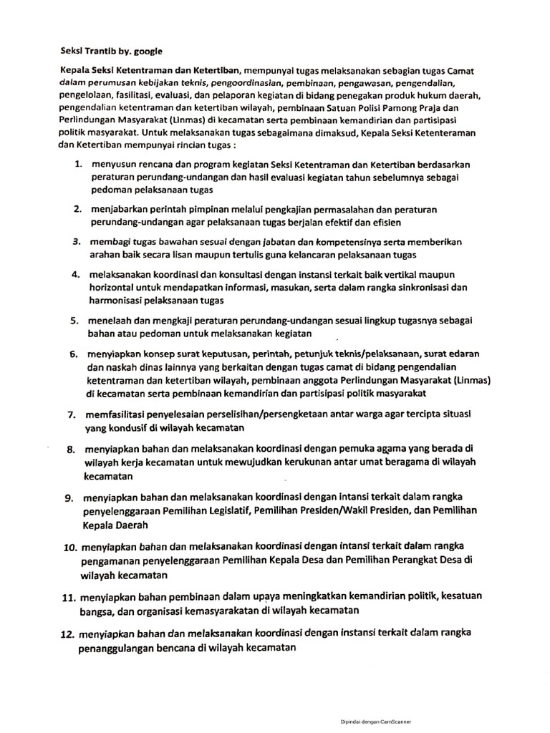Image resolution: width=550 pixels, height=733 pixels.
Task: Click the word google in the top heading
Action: (x=147, y=52)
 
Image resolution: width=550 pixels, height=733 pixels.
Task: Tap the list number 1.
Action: (x=78, y=165)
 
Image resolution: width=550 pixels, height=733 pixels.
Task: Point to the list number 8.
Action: (x=71, y=450)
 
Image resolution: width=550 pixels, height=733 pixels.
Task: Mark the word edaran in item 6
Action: (x=463, y=354)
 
